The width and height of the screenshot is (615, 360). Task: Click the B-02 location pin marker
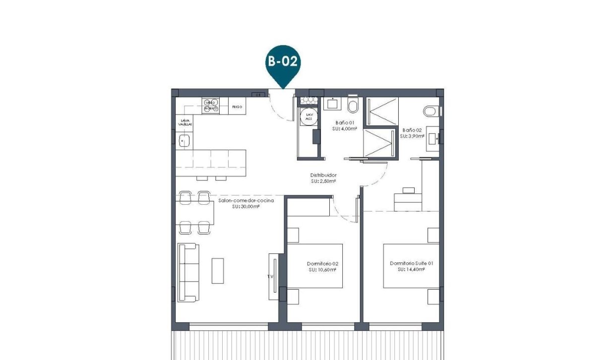[283, 64]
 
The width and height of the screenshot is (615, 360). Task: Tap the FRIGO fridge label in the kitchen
[237, 107]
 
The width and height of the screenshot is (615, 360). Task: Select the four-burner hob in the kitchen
[210, 106]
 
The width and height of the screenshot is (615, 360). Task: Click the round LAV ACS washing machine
[309, 117]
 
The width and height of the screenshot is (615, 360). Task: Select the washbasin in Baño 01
[331, 104]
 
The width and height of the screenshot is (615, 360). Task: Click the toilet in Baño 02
[430, 111]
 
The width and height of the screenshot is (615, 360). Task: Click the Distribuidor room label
[323, 175]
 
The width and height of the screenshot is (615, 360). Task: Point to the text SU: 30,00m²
[246, 206]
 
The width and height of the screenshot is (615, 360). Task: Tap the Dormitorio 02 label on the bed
[322, 264]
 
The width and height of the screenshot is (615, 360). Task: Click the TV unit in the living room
[273, 276]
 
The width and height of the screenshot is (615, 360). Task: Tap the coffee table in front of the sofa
[217, 271]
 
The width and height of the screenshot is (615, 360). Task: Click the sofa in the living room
[188, 272]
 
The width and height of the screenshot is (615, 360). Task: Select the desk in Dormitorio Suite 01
[408, 201]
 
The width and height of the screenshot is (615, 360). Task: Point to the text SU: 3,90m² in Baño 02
[413, 136]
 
